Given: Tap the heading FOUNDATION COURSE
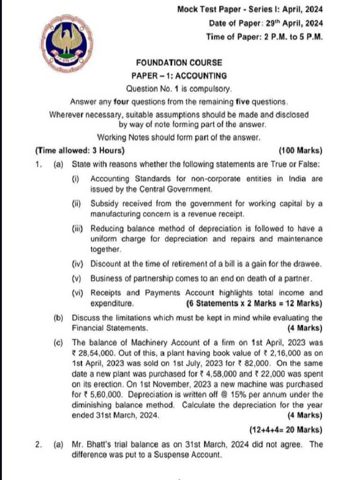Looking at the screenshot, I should pyautogui.click(x=179, y=62).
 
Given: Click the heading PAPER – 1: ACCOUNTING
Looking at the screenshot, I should pyautogui.click(x=179, y=75).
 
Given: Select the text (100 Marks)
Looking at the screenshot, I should pyautogui.click(x=300, y=150).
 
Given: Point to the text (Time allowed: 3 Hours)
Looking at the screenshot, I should pyautogui.click(x=80, y=150).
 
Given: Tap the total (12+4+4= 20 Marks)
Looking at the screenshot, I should pyautogui.click(x=287, y=429).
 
